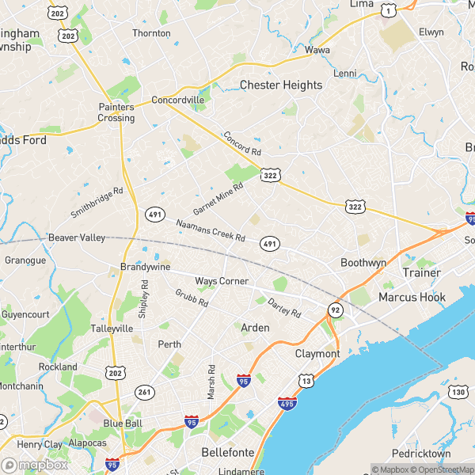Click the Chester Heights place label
coord(280,85)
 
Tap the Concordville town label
coord(178,100)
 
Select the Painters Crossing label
coord(116,112)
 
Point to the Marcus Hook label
coord(412,298)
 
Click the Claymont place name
coord(317,353)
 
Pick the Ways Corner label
coord(222,281)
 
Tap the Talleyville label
coord(112,328)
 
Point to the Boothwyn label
coord(363,262)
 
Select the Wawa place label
coord(317,50)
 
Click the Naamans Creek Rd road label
coord(211,230)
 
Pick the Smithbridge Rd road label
coord(97,203)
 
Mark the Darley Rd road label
coord(284,307)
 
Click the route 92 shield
coord(336,310)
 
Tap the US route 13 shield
coord(306,382)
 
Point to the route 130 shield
coord(458,392)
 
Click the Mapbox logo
coord(35,465)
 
